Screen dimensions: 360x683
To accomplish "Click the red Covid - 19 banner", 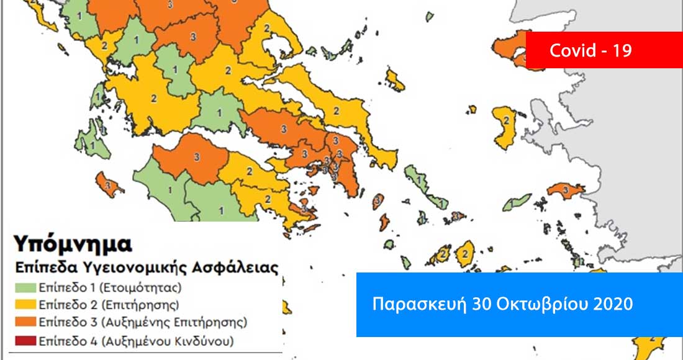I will (590, 50).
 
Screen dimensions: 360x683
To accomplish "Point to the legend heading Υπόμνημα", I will (73, 243).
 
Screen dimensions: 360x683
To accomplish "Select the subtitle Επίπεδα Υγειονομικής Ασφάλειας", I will (147, 268).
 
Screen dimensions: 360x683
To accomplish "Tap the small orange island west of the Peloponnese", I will (109, 184).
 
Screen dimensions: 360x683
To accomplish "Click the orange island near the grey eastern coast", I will (566, 190).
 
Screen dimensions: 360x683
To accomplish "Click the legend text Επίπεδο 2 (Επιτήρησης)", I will (109, 306).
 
